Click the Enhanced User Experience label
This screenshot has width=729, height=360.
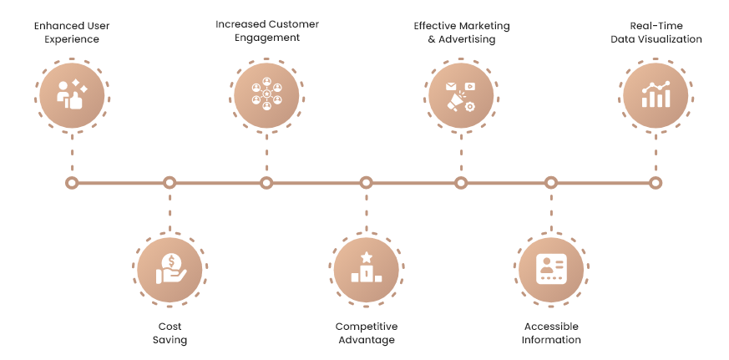(72, 33)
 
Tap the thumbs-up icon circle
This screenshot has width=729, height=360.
(72, 96)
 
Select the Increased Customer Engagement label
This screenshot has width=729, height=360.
(267, 31)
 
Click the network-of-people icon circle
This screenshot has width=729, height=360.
(266, 96)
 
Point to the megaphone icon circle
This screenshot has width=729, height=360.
(461, 96)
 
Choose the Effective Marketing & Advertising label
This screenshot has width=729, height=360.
(462, 33)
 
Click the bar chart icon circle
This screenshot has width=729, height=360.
(656, 96)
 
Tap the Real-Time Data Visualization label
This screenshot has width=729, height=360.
(656, 33)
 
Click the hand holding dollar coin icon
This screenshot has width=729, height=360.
(170, 269)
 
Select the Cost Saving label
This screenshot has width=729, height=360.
(170, 333)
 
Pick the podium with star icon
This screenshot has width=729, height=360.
(367, 267)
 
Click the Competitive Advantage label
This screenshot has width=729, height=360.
(367, 333)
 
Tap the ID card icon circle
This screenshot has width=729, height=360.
(551, 271)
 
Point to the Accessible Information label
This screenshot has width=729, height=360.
(551, 333)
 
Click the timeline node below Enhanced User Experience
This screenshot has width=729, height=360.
(72, 183)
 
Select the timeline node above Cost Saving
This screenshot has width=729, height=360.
(170, 183)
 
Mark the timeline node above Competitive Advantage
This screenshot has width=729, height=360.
(366, 183)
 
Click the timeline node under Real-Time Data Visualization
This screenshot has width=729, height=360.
(656, 183)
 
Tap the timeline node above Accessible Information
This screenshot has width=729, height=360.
(551, 183)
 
